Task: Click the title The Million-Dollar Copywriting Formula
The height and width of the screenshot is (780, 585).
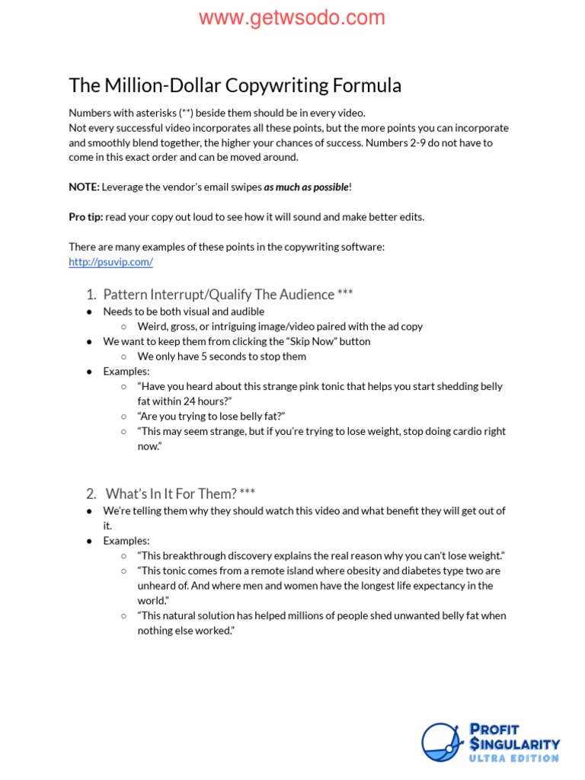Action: [235, 85]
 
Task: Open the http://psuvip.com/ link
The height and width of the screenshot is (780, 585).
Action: [110, 262]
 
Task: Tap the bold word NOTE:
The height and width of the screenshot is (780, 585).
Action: [84, 187]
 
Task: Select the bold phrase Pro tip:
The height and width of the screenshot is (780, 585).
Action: [85, 217]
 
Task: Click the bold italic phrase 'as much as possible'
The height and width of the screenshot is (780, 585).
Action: [305, 187]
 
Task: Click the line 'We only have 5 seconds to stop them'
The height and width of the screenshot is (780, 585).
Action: [222, 356]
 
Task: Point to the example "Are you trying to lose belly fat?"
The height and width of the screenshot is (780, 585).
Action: [211, 416]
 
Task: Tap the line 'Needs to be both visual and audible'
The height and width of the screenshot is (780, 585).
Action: [184, 312]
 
